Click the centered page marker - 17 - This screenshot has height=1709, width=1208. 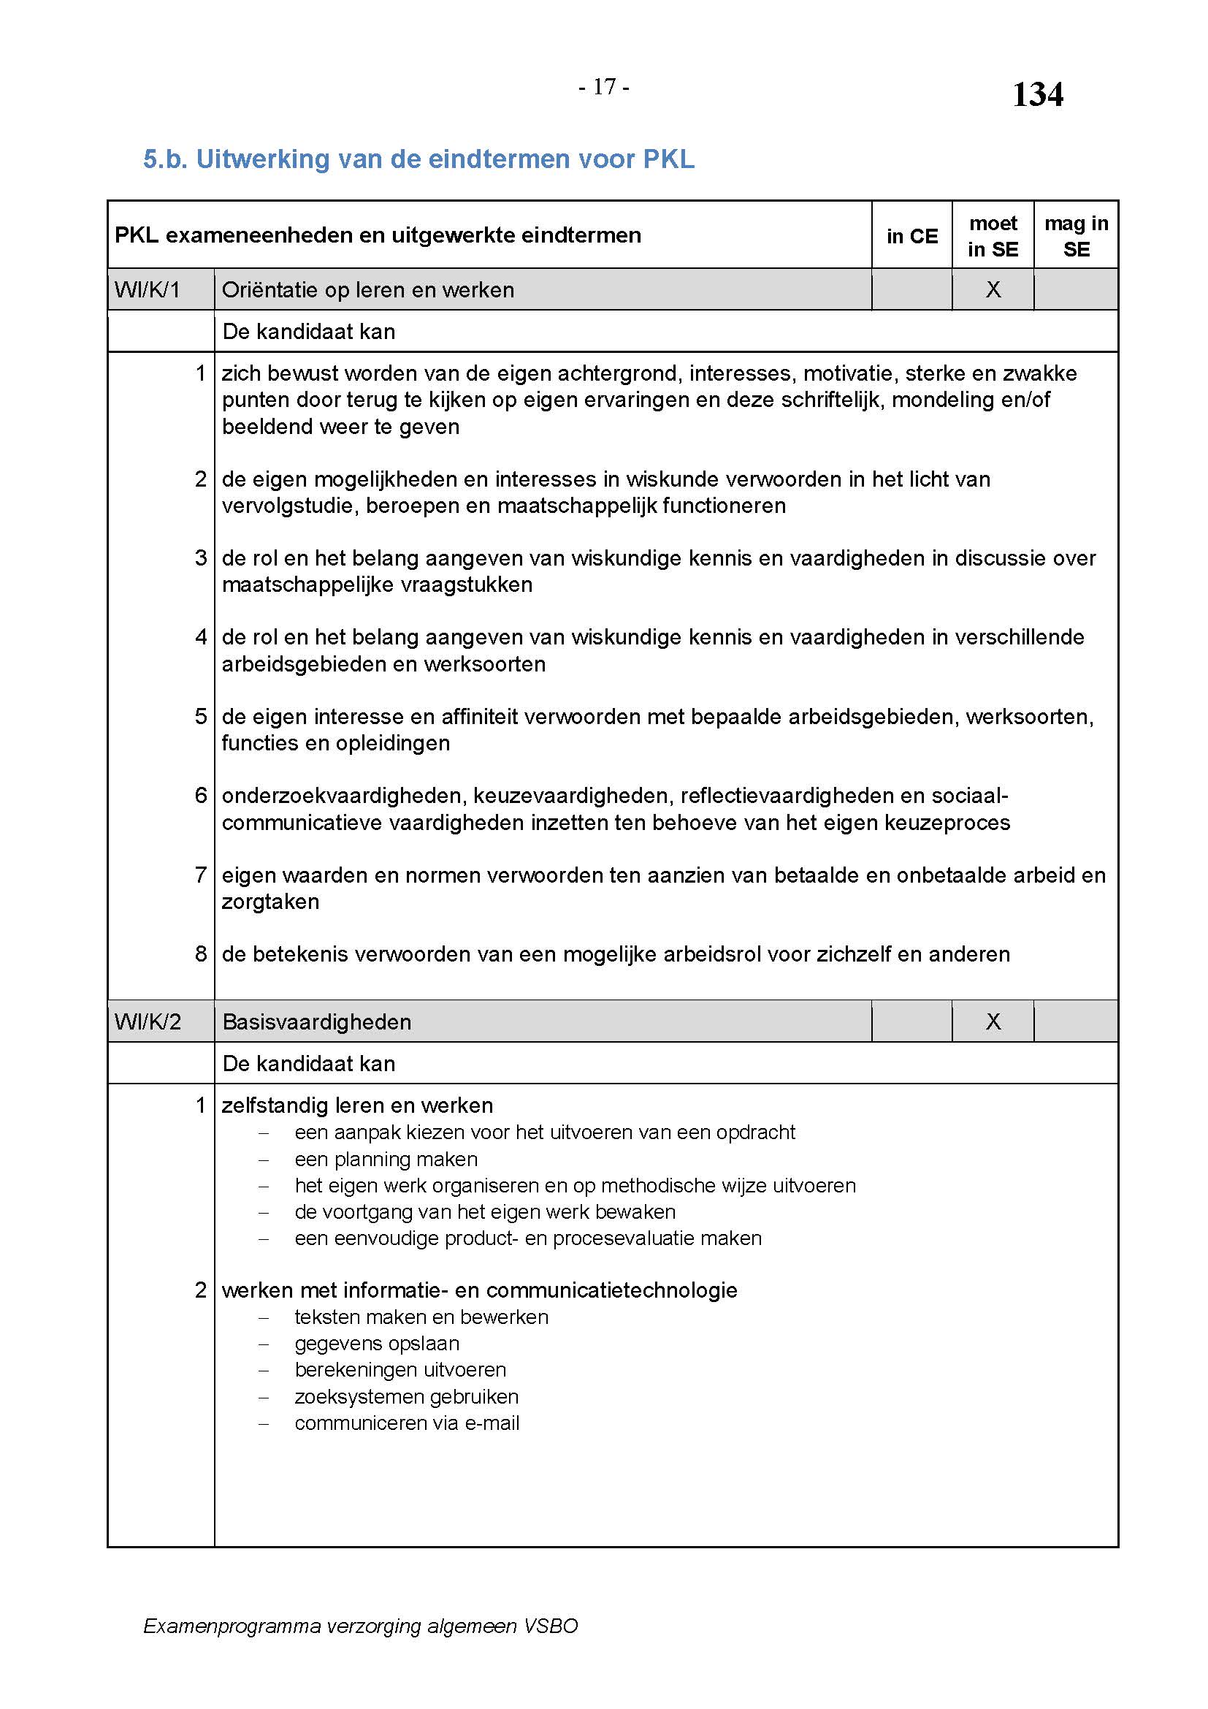(x=604, y=87)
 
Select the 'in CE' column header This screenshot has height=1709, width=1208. (x=912, y=236)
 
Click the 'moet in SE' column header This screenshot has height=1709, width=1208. (x=993, y=236)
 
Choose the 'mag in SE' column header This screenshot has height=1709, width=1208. (x=1076, y=236)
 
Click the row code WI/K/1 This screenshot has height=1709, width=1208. (x=148, y=289)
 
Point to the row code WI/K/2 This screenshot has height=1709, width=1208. (x=148, y=1021)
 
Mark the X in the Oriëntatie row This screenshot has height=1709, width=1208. (x=993, y=289)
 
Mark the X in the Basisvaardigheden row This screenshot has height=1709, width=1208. (x=993, y=1021)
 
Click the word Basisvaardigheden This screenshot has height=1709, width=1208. (x=317, y=1022)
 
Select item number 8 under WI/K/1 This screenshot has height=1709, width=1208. (x=201, y=954)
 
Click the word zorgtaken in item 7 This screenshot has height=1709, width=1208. (x=270, y=902)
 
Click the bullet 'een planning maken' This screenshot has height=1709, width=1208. (x=386, y=1159)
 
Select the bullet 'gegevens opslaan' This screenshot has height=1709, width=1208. (x=377, y=1343)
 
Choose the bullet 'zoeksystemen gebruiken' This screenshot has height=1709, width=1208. (x=406, y=1396)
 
